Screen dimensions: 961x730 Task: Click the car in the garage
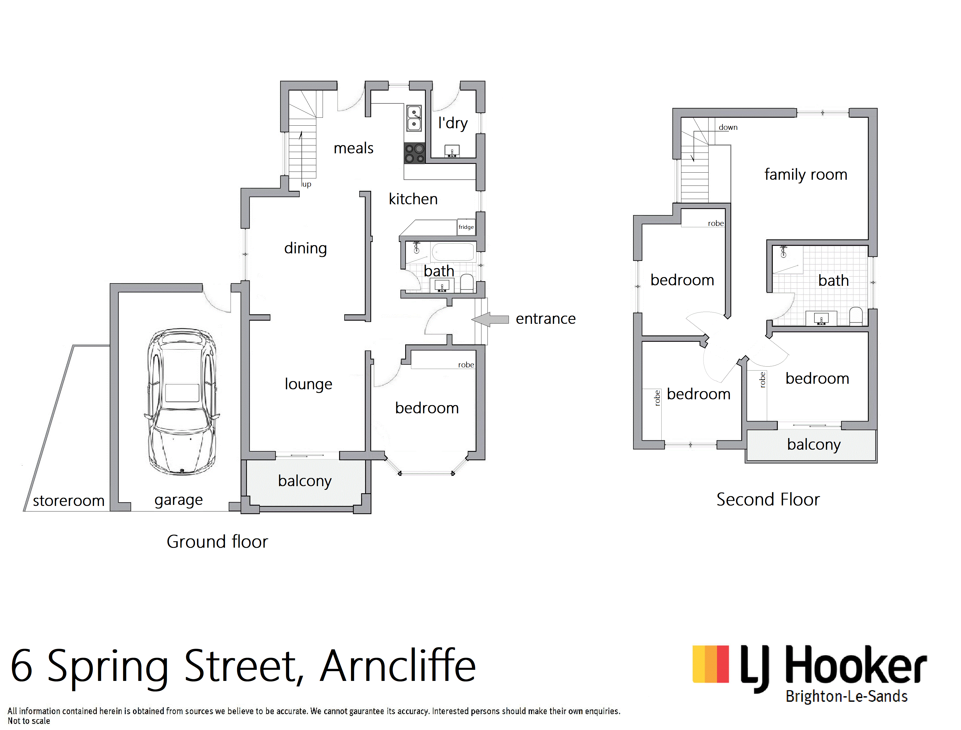181,401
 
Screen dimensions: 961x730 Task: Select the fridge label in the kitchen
466,227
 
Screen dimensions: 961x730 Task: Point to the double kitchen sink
414,118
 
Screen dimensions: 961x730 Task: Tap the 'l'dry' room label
453,124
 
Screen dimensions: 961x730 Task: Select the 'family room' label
806,174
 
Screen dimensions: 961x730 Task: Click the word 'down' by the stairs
728,127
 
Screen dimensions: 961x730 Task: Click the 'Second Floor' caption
768,500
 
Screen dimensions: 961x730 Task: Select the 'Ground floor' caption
217,542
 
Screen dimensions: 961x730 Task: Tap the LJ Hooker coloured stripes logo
711,664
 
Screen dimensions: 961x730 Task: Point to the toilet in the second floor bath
856,316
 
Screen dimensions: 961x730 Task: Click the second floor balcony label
814,445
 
